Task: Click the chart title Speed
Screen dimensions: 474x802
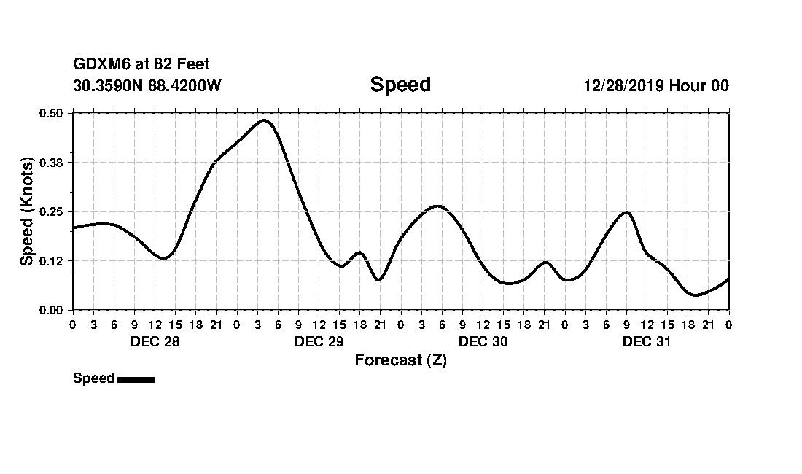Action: point(400,85)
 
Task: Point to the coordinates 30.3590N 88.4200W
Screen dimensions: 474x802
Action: point(147,85)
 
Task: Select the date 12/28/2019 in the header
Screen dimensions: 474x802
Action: point(624,85)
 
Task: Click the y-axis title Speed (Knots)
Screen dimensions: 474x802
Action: point(27,211)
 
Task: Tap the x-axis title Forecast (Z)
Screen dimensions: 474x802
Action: point(400,360)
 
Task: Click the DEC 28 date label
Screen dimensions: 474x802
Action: point(155,342)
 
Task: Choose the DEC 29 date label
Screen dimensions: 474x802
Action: point(319,342)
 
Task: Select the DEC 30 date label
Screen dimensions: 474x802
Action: point(483,342)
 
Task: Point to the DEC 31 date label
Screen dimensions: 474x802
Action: point(647,342)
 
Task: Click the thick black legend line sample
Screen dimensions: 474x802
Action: point(136,379)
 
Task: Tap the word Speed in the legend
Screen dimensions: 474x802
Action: point(93,378)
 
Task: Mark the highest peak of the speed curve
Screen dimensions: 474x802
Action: point(264,120)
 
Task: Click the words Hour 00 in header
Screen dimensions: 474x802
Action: point(699,85)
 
